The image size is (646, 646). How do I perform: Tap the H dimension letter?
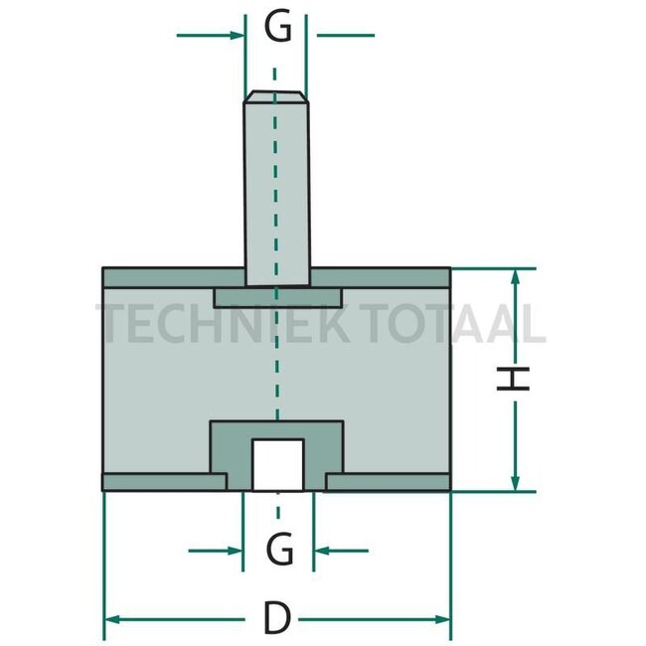click(x=514, y=378)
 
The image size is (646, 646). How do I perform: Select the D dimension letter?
click(x=277, y=620)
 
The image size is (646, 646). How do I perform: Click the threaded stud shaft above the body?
click(x=276, y=189)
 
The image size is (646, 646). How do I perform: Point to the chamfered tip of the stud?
click(x=276, y=97)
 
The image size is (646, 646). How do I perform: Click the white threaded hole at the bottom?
click(x=277, y=464)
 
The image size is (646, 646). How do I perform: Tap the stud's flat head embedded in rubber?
click(x=277, y=297)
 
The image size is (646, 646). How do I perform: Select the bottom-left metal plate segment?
click(x=164, y=482)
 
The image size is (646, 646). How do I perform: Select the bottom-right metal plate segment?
click(x=388, y=482)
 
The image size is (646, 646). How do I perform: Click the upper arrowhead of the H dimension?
click(x=515, y=275)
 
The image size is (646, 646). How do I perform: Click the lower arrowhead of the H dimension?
click(x=515, y=483)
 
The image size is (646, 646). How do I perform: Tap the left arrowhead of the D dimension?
click(x=111, y=619)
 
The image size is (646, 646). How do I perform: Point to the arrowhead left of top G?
click(x=237, y=35)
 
